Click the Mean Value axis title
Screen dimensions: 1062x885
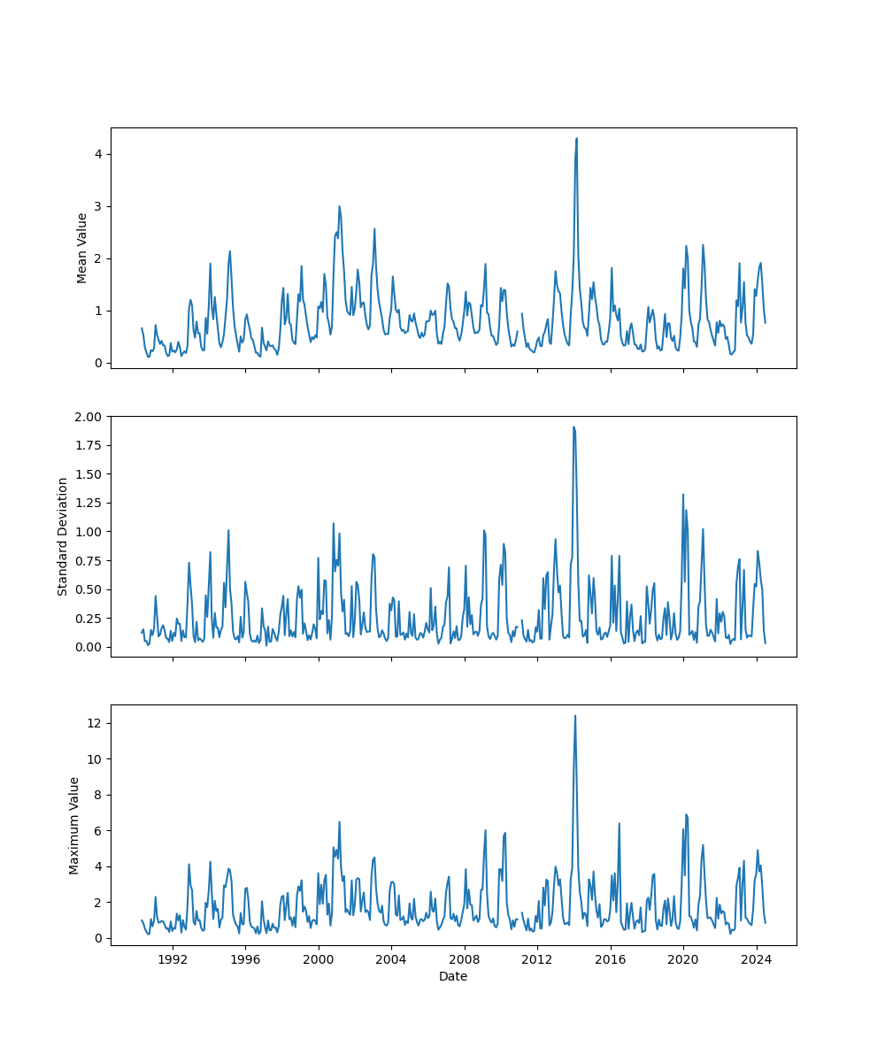coord(82,248)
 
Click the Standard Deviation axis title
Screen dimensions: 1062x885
coord(63,536)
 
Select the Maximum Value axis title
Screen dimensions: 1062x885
coord(74,825)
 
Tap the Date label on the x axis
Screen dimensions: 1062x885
coord(453,976)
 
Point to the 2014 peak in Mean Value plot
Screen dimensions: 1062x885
coord(576,139)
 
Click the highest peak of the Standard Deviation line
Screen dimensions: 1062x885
coord(573,427)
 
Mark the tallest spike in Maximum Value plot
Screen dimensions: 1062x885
coord(575,716)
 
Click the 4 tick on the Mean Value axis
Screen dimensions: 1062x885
coord(98,154)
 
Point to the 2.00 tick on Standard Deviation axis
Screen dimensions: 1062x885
coord(90,416)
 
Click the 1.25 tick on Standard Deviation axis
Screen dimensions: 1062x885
coord(90,503)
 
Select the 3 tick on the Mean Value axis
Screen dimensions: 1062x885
coord(98,206)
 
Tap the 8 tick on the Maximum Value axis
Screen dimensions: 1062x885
coord(98,795)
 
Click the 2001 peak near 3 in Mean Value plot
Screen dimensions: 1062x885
coord(339,207)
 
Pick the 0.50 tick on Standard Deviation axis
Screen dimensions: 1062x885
coord(90,589)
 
